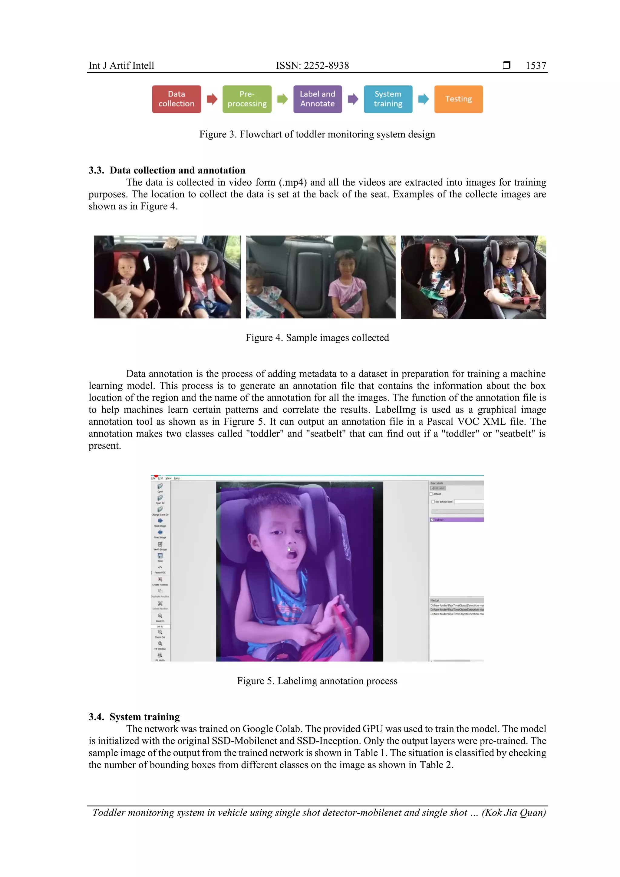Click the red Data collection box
pyautogui.click(x=176, y=99)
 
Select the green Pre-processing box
pyautogui.click(x=247, y=99)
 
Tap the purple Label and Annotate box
pyautogui.click(x=318, y=99)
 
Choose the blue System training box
pyautogui.click(x=388, y=99)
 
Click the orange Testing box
pyautogui.click(x=458, y=99)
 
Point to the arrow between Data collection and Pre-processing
pyautogui.click(x=212, y=99)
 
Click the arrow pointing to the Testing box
pyautogui.click(x=423, y=99)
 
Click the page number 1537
pyautogui.click(x=536, y=66)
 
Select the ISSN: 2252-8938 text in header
pyautogui.click(x=312, y=66)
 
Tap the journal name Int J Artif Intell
pyautogui.click(x=121, y=66)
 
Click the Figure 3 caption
pyautogui.click(x=317, y=134)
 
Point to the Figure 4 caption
pyautogui.click(x=317, y=338)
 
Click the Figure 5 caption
pyautogui.click(x=317, y=681)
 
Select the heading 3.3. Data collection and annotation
pyautogui.click(x=167, y=170)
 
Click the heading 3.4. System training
pyautogui.click(x=134, y=717)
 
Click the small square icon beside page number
pyautogui.click(x=506, y=65)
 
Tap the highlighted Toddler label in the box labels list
pyautogui.click(x=457, y=520)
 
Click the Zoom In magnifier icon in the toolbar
pyautogui.click(x=160, y=616)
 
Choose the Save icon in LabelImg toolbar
pyautogui.click(x=160, y=556)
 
